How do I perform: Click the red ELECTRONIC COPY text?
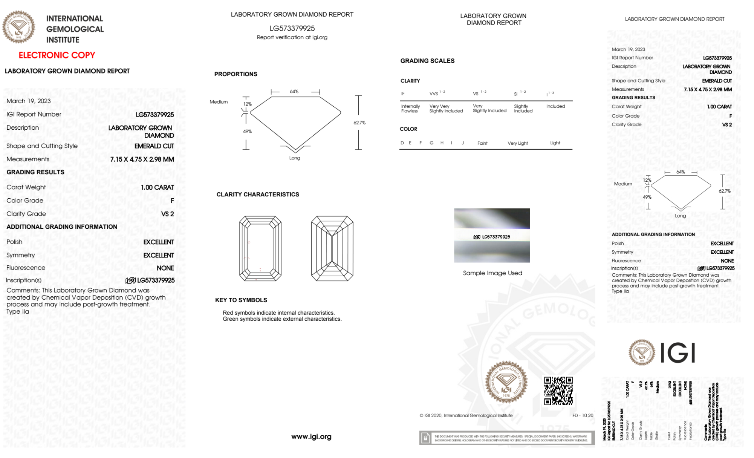[x=57, y=55]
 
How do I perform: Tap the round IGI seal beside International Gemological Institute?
[x=18, y=27]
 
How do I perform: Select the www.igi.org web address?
[x=311, y=437]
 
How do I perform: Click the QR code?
[x=558, y=391]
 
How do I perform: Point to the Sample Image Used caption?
[x=492, y=273]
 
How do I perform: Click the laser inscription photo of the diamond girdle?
[x=492, y=235]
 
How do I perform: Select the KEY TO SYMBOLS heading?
[x=241, y=300]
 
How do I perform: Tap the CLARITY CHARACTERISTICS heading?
[x=258, y=195]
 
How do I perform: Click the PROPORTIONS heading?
[x=236, y=74]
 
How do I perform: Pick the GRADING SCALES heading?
[x=427, y=61]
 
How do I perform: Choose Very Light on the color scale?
[x=517, y=143]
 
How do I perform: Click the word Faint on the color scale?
[x=482, y=143]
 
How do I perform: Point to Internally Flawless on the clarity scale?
[x=410, y=109]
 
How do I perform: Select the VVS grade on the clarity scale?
[x=434, y=93]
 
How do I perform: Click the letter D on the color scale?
[x=402, y=143]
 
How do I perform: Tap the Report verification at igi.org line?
[x=292, y=37]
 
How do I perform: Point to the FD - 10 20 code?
[x=583, y=415]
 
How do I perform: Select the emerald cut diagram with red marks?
[x=260, y=248]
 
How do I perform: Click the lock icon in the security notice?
[x=425, y=438]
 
